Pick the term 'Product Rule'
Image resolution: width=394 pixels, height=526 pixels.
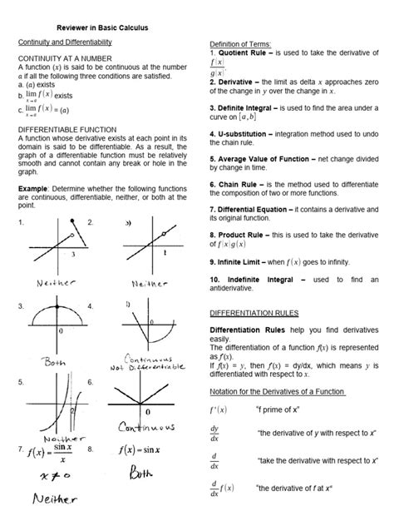point(244,236)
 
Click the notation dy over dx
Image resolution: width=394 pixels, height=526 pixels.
point(215,433)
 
